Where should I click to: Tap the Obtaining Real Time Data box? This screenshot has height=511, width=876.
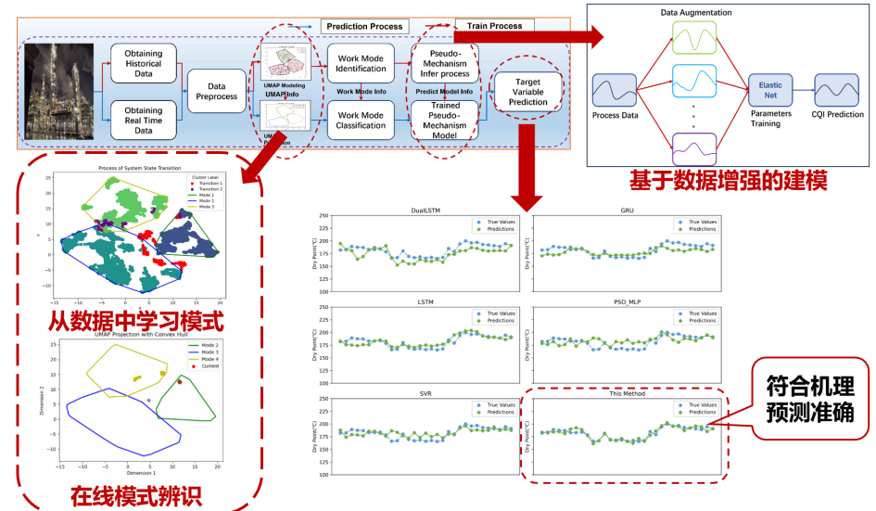(x=143, y=121)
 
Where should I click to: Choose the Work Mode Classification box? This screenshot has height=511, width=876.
(x=362, y=119)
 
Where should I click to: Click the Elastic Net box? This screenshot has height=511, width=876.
(x=771, y=90)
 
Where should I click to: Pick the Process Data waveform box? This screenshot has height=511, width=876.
(x=614, y=93)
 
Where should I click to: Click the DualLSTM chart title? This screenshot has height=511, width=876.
(x=424, y=211)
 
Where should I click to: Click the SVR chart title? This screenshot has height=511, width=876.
(x=424, y=393)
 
